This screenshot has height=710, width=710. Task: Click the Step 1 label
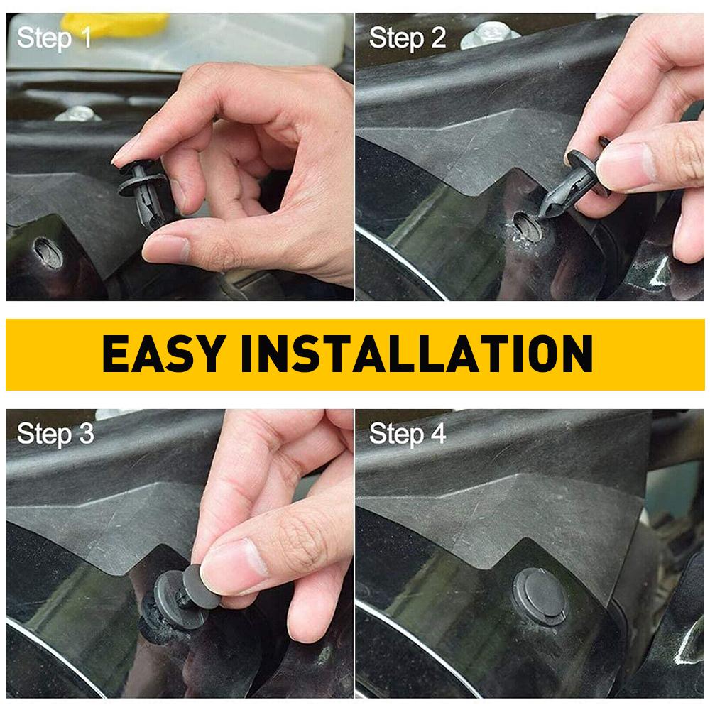tap(54, 38)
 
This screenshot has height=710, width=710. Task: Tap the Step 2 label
tap(407, 38)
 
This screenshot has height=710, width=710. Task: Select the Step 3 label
tap(55, 433)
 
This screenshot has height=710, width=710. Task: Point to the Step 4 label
tap(408, 433)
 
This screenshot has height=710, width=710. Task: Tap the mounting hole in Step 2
tap(526, 226)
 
